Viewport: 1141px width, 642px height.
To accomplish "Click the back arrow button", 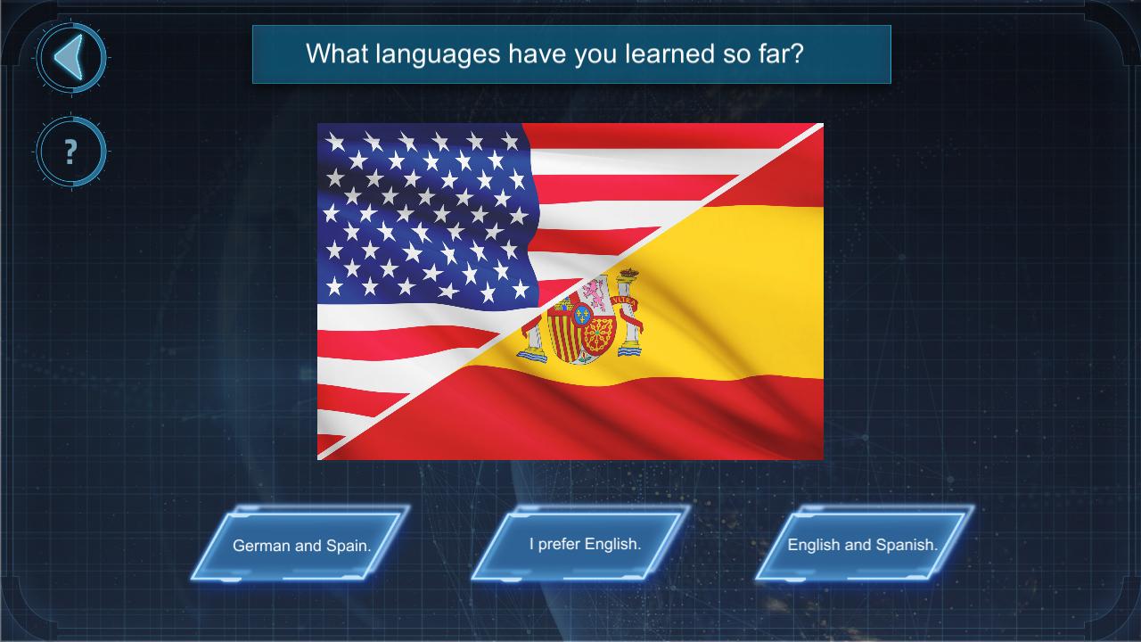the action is pos(71,58).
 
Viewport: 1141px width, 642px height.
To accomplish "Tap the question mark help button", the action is pos(71,152).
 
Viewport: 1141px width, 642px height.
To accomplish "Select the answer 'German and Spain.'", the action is pos(301,544).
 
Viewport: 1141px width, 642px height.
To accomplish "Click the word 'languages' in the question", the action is pos(438,54).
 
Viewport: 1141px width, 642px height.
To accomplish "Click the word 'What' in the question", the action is pos(336,53).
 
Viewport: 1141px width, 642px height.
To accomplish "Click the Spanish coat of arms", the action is pos(580,317).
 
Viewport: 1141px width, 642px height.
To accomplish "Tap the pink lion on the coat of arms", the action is pos(595,294).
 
